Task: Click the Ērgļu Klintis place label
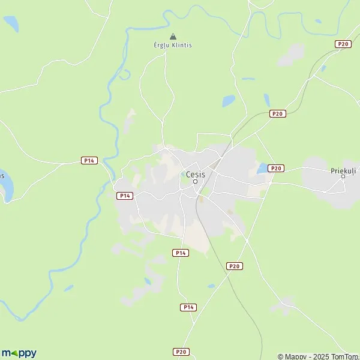pyautogui.click(x=173, y=45)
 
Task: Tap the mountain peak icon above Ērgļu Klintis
pyautogui.click(x=173, y=35)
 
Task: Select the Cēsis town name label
pyautogui.click(x=196, y=175)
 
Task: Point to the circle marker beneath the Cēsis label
pyautogui.click(x=195, y=181)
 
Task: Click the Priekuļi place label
pyautogui.click(x=343, y=170)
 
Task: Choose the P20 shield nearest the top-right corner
pyautogui.click(x=343, y=44)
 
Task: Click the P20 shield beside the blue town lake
pyautogui.click(x=275, y=168)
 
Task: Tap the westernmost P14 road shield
pyautogui.click(x=89, y=160)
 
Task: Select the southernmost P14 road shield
pyautogui.click(x=188, y=307)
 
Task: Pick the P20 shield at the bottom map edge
pyautogui.click(x=181, y=352)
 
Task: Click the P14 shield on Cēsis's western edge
pyautogui.click(x=124, y=196)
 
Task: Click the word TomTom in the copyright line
pyautogui.click(x=346, y=356)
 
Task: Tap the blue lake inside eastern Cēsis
pyautogui.click(x=262, y=169)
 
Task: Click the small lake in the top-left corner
pyautogui.click(x=11, y=24)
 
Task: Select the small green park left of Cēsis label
pyautogui.click(x=183, y=174)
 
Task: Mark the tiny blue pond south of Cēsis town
pyautogui.click(x=211, y=286)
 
